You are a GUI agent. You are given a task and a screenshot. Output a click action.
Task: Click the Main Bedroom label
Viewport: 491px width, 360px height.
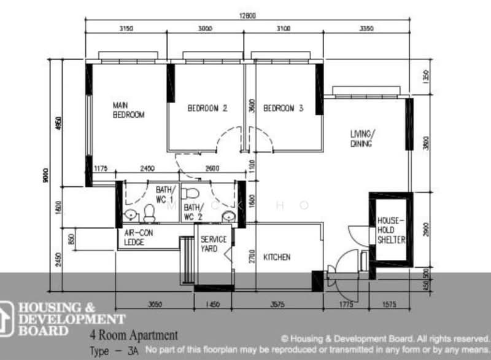coord(128,110)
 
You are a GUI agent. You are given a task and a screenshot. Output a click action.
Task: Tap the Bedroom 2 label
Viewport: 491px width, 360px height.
coord(207,108)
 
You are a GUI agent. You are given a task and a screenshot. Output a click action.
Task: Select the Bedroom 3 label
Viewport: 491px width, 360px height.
coord(284,108)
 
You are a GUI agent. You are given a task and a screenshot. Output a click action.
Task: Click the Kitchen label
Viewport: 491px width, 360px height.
coord(277,257)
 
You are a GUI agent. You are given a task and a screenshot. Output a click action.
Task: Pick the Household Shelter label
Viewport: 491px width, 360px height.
coord(391,229)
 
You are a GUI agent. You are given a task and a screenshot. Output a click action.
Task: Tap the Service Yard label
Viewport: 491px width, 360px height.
coord(214,244)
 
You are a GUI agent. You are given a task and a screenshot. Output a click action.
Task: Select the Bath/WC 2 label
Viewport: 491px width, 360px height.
coord(193,212)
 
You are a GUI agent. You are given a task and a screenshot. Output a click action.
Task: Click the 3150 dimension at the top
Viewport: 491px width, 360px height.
coord(126,28)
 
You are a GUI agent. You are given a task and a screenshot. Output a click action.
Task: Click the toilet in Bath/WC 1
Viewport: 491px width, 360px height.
coord(149,214)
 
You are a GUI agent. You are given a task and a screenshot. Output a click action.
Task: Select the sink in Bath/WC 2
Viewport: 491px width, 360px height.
coord(228,215)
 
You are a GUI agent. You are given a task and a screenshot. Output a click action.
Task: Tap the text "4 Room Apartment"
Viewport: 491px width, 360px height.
coord(134,336)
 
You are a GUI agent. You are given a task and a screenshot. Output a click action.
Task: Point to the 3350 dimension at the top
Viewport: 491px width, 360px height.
coord(366,28)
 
